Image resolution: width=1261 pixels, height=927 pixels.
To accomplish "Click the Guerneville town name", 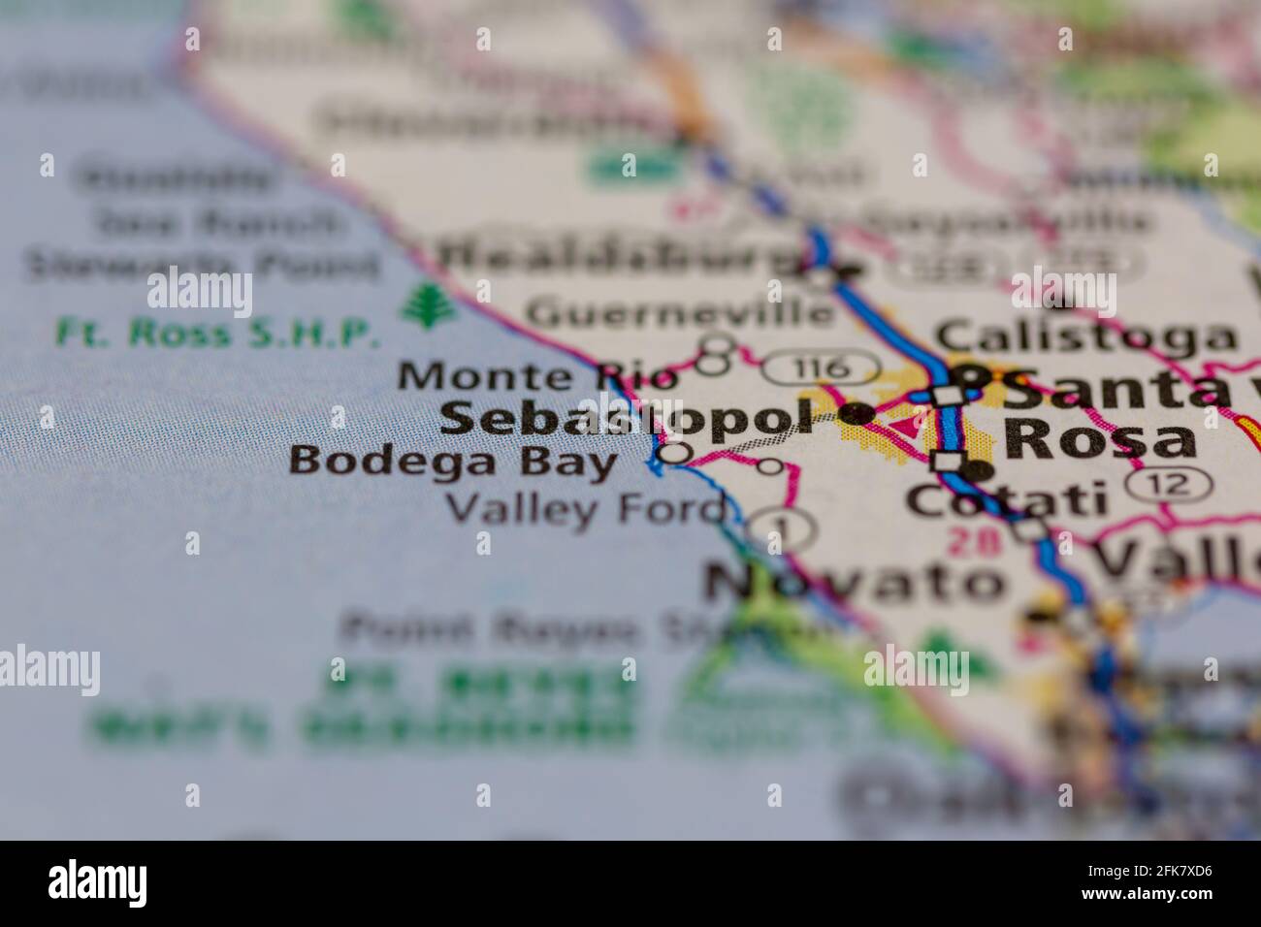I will [x=679, y=312].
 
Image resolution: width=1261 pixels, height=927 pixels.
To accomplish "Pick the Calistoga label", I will [x=1085, y=336].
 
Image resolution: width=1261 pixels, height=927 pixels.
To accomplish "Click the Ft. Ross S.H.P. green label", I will [x=216, y=333].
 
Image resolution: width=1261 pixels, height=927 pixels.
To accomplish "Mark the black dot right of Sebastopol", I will [x=856, y=414].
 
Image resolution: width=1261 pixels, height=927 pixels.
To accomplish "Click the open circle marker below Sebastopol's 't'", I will [x=674, y=452].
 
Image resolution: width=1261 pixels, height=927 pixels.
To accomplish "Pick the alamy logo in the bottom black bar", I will [x=97, y=883].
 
